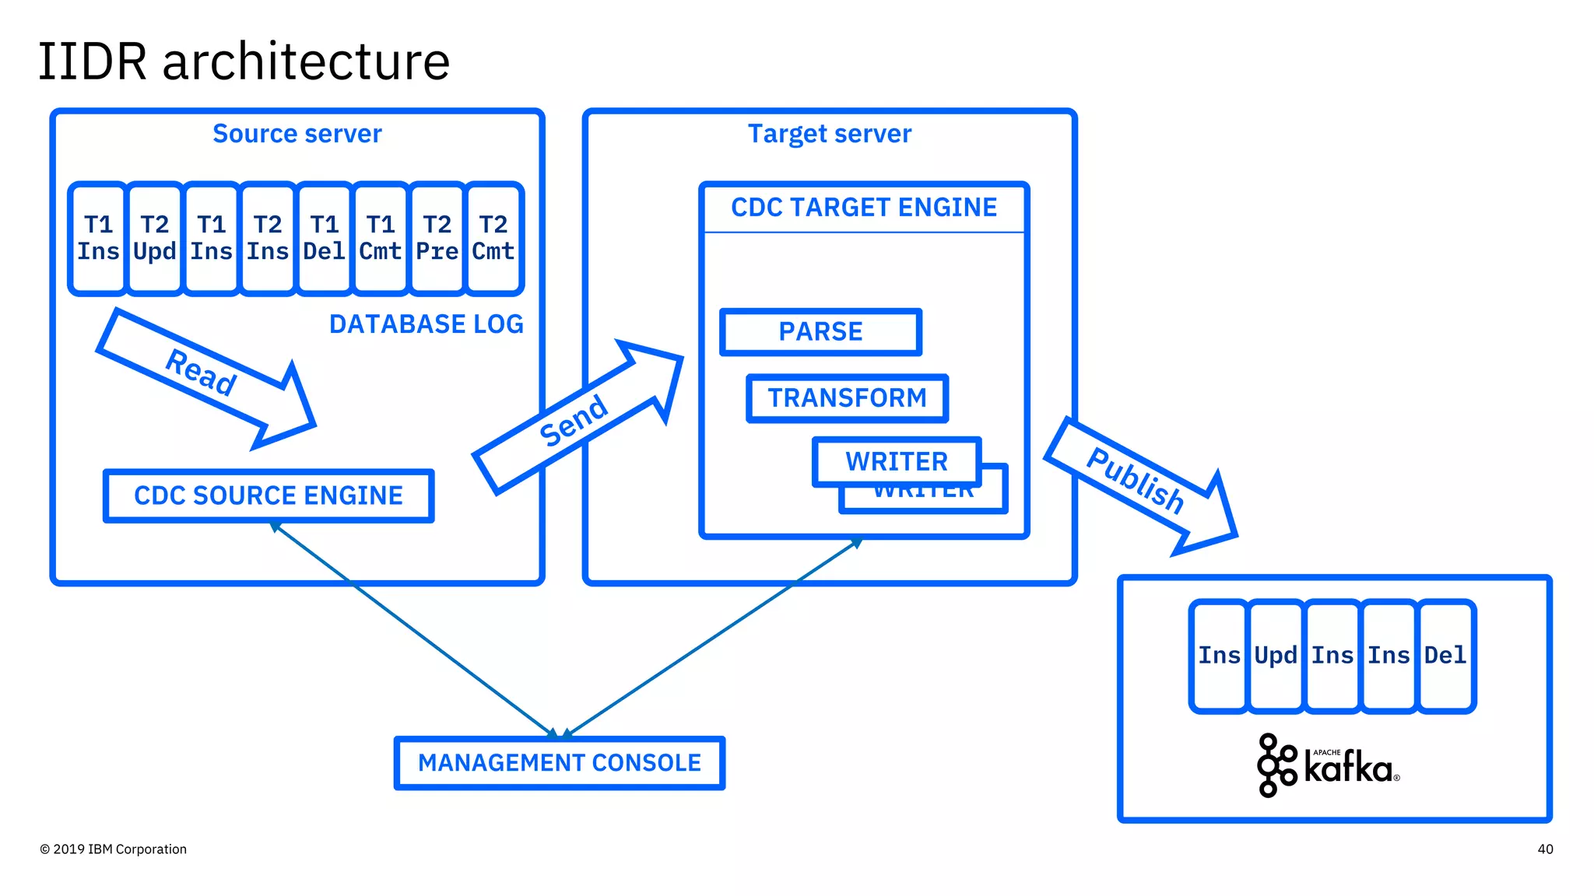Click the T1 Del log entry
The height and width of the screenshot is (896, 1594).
[x=324, y=238]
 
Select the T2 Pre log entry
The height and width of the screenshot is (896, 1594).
[x=437, y=238]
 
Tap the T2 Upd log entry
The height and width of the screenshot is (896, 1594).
[x=154, y=238]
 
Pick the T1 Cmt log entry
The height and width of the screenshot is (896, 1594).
[x=380, y=238]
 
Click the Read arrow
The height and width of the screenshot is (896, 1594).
[x=204, y=374]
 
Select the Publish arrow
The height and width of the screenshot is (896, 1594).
[x=1137, y=482]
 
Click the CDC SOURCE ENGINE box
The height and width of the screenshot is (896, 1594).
[x=269, y=495]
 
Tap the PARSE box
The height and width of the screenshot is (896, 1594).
[x=820, y=332]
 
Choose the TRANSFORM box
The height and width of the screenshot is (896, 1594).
[x=847, y=398]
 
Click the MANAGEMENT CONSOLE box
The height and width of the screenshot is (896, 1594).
[x=560, y=763]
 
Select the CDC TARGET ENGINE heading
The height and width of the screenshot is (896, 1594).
[x=864, y=208]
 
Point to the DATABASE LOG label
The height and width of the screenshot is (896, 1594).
[x=426, y=324]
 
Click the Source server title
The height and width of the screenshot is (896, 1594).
[x=297, y=134]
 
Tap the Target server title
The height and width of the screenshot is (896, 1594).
[x=830, y=134]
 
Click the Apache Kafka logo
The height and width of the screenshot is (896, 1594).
[x=1328, y=765]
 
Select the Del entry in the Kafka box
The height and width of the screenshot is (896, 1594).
[x=1445, y=656]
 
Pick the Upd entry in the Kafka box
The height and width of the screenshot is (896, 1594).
[x=1276, y=656]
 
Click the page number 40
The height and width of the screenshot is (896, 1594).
[x=1545, y=849]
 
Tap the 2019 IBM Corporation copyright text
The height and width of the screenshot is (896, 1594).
[x=114, y=849]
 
